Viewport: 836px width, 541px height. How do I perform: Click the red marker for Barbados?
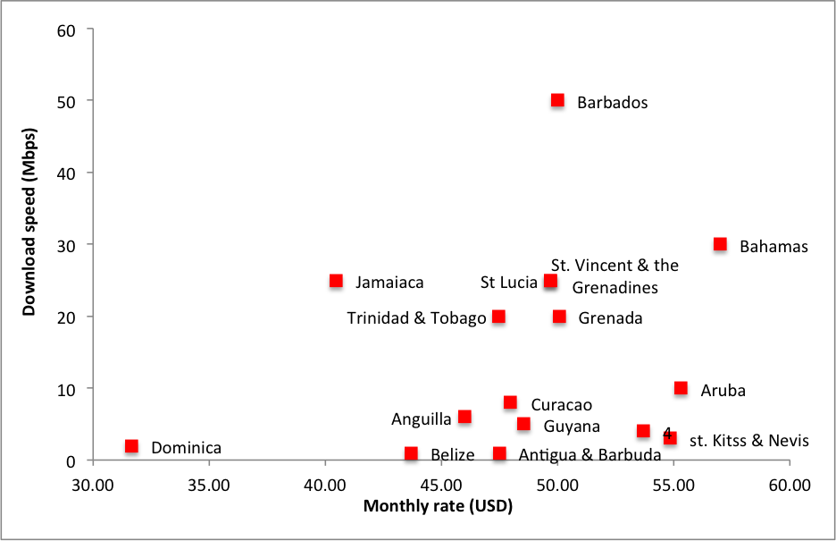pyautogui.click(x=557, y=100)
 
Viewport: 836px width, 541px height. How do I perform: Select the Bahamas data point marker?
pyautogui.click(x=720, y=244)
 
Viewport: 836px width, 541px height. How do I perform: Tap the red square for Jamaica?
pyautogui.click(x=336, y=281)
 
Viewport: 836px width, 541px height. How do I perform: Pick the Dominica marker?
pyautogui.click(x=131, y=445)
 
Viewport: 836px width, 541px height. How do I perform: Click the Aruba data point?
pyautogui.click(x=681, y=388)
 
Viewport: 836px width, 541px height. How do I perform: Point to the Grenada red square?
pyautogui.click(x=559, y=317)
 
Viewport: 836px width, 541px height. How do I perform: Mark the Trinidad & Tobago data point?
pyautogui.click(x=498, y=317)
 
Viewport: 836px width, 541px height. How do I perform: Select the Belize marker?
pyautogui.click(x=411, y=453)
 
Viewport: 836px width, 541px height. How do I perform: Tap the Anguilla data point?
pyautogui.click(x=464, y=417)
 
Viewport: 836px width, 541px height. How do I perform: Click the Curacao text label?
pyautogui.click(x=561, y=405)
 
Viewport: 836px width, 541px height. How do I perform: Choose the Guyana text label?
pyautogui.click(x=572, y=427)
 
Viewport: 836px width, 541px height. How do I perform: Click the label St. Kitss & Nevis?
pyautogui.click(x=749, y=441)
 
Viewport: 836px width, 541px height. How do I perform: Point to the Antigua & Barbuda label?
pyautogui.click(x=589, y=455)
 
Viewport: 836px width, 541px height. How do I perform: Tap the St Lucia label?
pyautogui.click(x=508, y=283)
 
